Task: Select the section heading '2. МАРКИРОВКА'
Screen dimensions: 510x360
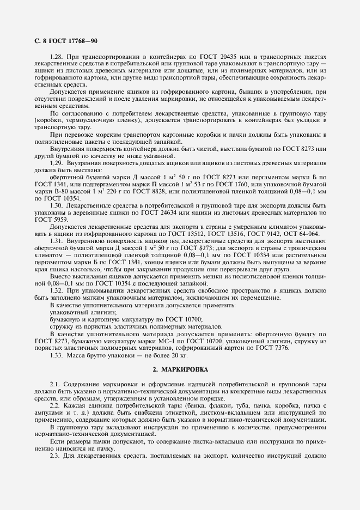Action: tap(180, 369)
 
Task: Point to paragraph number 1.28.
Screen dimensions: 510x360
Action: tap(57, 57)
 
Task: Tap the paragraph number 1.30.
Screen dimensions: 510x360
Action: tap(57, 205)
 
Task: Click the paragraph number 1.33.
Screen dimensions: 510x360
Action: tap(57, 355)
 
